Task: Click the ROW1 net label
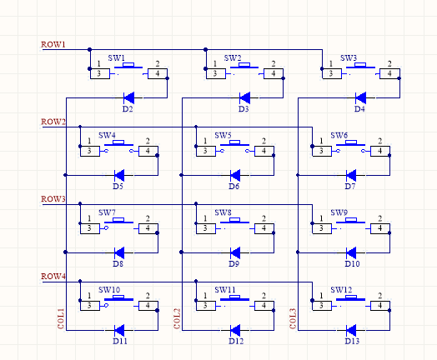(x=53, y=44)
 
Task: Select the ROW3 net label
(x=53, y=199)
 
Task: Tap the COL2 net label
(x=178, y=318)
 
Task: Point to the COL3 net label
(x=293, y=318)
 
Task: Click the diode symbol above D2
(x=128, y=97)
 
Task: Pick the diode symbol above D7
(x=351, y=175)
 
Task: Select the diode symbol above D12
(x=235, y=331)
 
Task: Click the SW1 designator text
(x=117, y=57)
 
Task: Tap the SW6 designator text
(x=339, y=135)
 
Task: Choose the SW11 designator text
(x=225, y=290)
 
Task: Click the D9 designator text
(x=234, y=263)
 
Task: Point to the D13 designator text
(x=352, y=341)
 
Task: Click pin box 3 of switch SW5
(x=206, y=151)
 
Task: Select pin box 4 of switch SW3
(x=389, y=74)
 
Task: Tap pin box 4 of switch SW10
(x=148, y=306)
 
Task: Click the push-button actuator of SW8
(x=234, y=221)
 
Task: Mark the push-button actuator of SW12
(x=350, y=297)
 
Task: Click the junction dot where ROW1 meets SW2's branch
(x=206, y=49)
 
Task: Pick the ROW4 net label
(x=53, y=276)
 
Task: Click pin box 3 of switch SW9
(x=322, y=228)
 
